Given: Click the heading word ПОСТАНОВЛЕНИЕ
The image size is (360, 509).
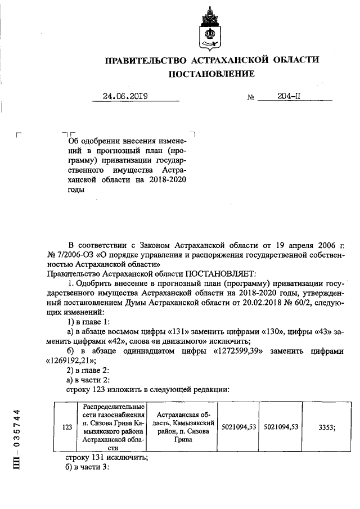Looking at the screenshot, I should pyautogui.click(x=211, y=74).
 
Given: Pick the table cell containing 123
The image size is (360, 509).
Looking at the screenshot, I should pyautogui.click(x=67, y=427).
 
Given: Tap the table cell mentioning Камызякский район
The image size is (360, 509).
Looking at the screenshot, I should pyautogui.click(x=180, y=427).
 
